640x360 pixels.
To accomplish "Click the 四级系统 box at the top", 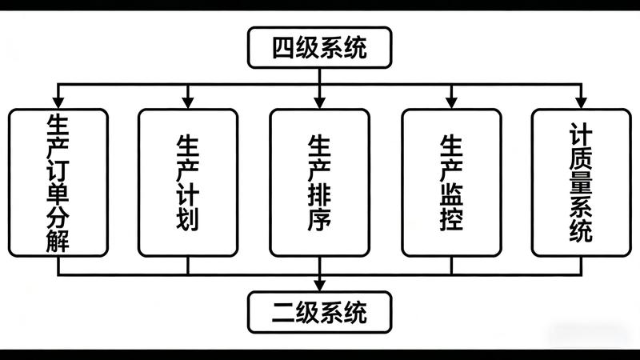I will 319,47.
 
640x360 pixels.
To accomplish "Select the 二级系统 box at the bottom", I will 319,311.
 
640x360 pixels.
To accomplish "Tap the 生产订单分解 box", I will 58,182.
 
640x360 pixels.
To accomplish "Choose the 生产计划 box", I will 188,182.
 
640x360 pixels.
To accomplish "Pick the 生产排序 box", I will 319,182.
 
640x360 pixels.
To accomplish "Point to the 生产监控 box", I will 451,182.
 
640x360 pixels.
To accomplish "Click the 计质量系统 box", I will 582,182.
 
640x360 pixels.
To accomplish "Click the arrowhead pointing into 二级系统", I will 319,284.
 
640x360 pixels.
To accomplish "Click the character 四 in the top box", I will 283,47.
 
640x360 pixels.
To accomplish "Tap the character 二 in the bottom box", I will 283,311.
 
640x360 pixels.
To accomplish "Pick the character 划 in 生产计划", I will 188,218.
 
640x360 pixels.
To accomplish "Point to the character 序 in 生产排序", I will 319,218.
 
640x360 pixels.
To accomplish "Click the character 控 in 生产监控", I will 451,218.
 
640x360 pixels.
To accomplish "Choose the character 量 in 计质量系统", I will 582,180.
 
